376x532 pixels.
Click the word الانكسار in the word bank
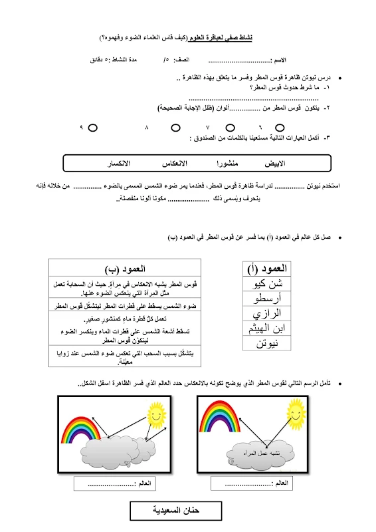(119, 163)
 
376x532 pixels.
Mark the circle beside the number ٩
(92, 126)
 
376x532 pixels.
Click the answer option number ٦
(260, 126)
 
